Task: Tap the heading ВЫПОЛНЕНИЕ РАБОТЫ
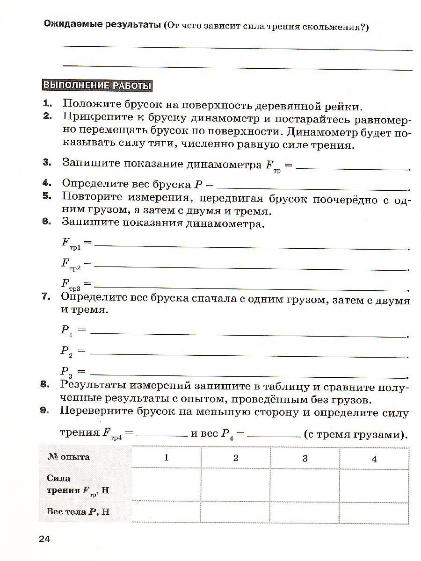point(97,86)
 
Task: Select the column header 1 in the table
point(166,458)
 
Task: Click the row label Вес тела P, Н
point(78,511)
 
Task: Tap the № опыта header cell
point(68,457)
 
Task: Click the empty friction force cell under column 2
point(235,485)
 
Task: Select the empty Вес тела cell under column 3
point(305,512)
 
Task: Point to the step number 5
point(46,196)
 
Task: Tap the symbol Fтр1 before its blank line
point(71,243)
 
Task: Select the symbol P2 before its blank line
point(67,351)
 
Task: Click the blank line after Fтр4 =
point(161,435)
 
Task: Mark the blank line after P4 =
point(274,435)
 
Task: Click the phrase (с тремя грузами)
point(354,434)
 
